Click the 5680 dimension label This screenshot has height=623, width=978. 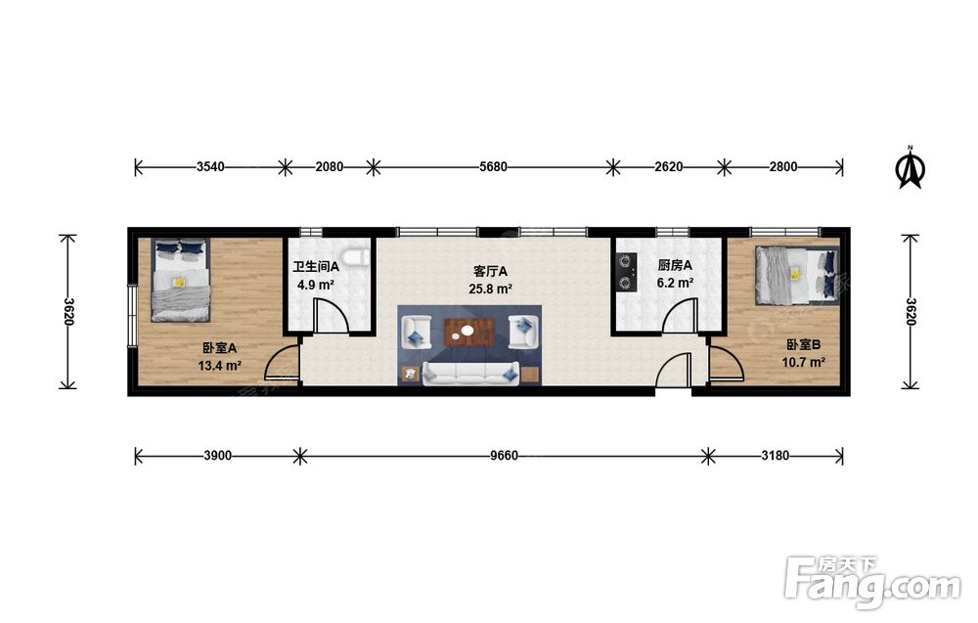[493, 166]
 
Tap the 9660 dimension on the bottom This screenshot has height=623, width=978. [504, 456]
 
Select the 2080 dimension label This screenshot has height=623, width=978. [329, 166]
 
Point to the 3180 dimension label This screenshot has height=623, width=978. [775, 456]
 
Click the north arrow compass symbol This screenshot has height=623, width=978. [910, 166]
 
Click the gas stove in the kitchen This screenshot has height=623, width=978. [626, 273]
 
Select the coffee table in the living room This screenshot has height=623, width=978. [469, 332]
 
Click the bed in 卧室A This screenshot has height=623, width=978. [180, 280]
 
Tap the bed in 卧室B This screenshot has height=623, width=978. [796, 275]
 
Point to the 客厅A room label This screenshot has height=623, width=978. [490, 271]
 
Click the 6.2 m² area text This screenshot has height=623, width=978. [675, 283]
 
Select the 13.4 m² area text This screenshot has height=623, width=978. [219, 366]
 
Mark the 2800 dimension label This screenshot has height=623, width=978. [782, 166]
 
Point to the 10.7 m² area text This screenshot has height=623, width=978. [804, 362]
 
